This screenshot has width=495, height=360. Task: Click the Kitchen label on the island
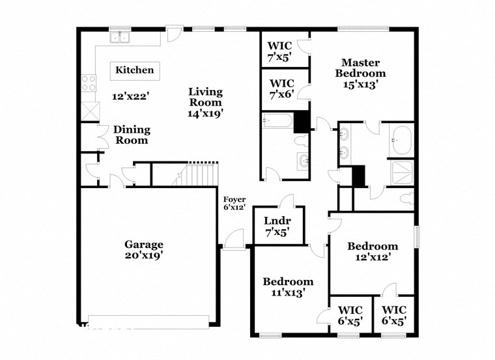135,70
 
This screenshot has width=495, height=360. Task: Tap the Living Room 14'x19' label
206,102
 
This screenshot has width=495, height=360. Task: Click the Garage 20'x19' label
144,250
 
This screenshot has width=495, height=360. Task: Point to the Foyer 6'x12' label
234,204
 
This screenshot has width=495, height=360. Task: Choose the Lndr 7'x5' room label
278,225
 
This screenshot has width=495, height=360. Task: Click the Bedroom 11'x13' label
288,287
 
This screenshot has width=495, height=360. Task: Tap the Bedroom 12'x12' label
372,251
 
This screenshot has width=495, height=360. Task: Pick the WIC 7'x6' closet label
281,89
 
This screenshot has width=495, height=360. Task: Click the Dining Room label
132,135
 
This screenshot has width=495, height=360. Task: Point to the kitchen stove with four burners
89,83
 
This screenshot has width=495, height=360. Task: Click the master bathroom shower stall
401,172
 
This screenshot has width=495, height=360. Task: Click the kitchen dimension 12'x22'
130,96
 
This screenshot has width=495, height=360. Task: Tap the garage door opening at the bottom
148,321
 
